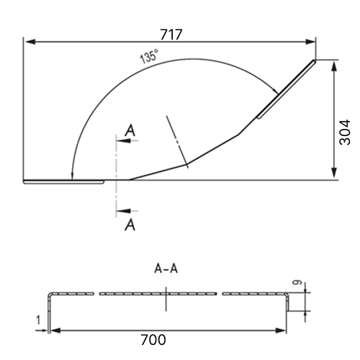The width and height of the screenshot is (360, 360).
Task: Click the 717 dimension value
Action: [171, 35]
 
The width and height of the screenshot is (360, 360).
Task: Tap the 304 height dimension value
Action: [345, 132]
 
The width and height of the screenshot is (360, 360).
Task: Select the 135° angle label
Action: [149, 56]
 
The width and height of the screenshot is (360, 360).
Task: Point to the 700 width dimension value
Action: [153, 340]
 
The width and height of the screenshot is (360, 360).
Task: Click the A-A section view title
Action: [166, 269]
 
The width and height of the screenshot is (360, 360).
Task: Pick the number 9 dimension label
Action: [297, 282]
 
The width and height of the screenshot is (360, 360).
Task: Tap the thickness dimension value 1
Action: [38, 320]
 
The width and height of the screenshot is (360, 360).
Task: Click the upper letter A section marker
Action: [130, 130]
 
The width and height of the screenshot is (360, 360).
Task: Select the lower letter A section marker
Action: [130, 225]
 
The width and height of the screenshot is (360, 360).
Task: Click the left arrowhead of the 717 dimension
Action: [30, 42]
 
